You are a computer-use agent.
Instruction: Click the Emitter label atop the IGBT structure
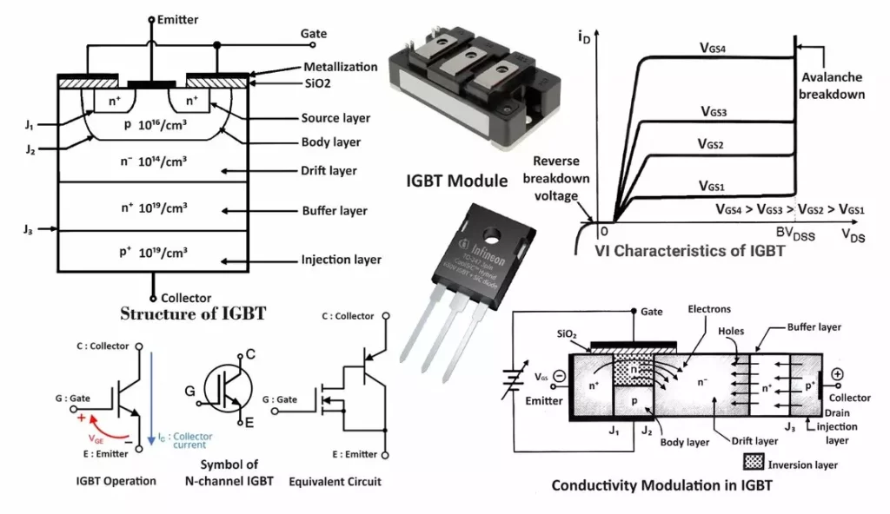(x=179, y=18)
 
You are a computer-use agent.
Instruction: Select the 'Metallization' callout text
(x=340, y=67)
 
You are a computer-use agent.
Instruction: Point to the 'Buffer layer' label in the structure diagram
(x=334, y=211)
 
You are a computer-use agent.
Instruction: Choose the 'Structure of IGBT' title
(x=192, y=313)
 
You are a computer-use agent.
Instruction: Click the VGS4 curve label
(x=719, y=49)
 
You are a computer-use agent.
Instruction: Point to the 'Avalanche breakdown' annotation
(x=833, y=86)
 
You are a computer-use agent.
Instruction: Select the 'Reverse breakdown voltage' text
(x=556, y=178)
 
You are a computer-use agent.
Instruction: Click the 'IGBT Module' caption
(x=457, y=181)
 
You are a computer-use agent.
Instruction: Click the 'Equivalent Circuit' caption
(x=335, y=481)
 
